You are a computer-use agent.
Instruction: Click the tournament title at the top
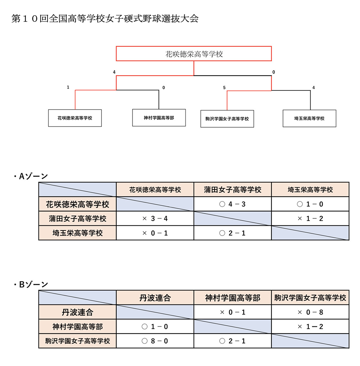point(105,19)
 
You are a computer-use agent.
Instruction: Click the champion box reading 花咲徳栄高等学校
point(194,54)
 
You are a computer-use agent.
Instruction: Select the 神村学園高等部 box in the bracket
point(159,118)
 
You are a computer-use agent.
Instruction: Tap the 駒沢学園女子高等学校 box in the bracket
point(227,119)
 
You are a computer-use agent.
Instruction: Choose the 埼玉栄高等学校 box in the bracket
point(309,119)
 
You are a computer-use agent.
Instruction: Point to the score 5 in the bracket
point(224,88)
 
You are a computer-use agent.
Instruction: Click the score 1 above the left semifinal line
point(68,87)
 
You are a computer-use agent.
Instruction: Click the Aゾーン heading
point(31,176)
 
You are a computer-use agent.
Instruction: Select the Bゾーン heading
point(31,284)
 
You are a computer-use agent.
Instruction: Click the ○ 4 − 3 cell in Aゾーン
point(232,204)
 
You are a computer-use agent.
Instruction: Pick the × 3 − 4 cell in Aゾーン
point(155,218)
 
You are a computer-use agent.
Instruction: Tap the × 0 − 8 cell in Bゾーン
point(310,312)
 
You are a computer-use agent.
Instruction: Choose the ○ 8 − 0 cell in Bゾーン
point(155,341)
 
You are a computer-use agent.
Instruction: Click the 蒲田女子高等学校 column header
point(232,189)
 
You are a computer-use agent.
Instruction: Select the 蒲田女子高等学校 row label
point(77,218)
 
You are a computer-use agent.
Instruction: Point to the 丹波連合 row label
point(77,312)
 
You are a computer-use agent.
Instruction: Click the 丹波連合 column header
point(155,298)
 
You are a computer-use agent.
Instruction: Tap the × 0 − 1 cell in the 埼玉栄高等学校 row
point(155,233)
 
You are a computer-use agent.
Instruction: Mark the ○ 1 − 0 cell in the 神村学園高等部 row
point(155,326)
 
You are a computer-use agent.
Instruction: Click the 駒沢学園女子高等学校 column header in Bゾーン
point(310,298)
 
